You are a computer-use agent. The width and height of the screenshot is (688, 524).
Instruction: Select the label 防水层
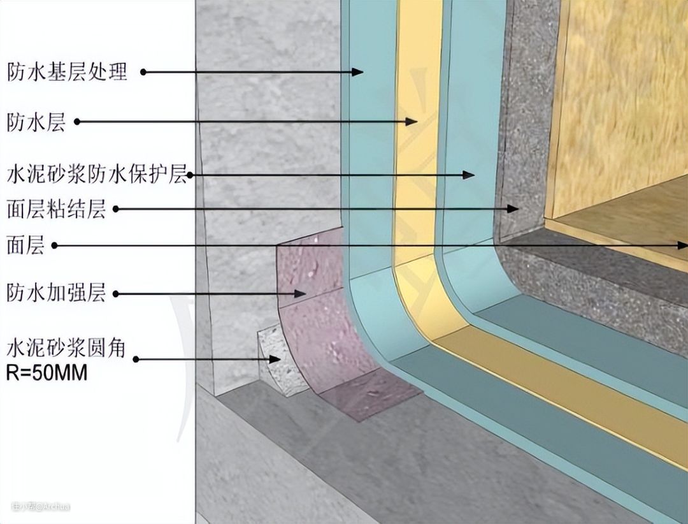(36, 121)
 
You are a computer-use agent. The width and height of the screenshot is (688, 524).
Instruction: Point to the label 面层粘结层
(56, 208)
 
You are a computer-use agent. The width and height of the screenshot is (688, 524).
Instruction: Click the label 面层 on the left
(25, 245)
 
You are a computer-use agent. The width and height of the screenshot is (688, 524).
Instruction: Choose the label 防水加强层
(56, 294)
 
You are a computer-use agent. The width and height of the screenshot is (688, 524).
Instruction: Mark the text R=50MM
(47, 372)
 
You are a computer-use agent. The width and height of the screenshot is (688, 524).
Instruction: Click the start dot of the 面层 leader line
(54, 245)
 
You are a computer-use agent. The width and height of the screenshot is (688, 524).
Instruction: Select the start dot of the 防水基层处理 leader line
(143, 72)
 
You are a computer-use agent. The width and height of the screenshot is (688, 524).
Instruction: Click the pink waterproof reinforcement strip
(331, 331)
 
